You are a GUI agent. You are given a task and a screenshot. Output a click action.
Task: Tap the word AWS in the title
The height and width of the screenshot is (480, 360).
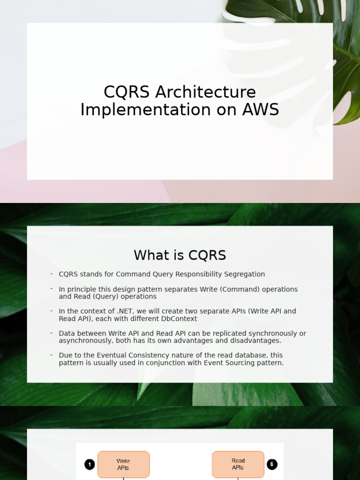click(x=261, y=110)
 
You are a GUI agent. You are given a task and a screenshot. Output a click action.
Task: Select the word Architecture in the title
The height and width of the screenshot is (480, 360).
click(x=206, y=92)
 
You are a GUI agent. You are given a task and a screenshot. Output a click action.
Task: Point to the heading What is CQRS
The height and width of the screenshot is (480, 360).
click(x=180, y=255)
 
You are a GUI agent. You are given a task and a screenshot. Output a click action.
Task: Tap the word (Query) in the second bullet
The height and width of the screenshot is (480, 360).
click(x=95, y=296)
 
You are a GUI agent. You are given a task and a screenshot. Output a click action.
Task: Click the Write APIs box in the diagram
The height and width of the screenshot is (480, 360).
click(x=123, y=465)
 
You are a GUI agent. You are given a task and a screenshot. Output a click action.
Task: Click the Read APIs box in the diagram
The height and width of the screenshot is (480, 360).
click(x=238, y=465)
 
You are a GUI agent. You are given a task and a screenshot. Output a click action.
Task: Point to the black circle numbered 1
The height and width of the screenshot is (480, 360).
click(x=90, y=465)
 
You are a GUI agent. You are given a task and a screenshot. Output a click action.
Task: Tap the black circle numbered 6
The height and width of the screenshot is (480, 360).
click(x=272, y=465)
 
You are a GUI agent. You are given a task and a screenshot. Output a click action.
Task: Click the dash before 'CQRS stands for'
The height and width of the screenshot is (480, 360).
click(x=52, y=274)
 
